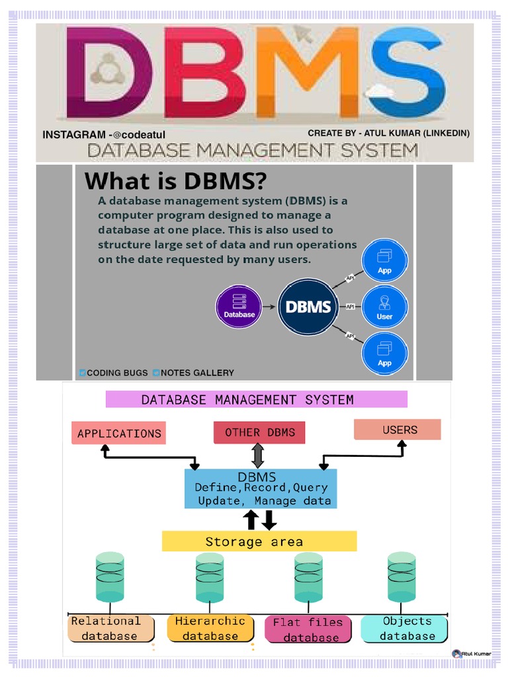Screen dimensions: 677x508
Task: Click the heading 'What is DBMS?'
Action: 175,180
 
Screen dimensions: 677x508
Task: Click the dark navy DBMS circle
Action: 308,307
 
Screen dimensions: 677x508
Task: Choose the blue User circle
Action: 384,307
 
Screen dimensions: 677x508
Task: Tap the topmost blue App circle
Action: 384,262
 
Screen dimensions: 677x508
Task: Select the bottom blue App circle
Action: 384,354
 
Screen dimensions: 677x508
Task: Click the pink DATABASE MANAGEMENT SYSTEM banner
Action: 256,399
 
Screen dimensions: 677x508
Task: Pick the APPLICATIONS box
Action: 119,433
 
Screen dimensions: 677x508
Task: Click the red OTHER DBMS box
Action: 259,432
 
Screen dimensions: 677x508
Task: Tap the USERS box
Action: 398,430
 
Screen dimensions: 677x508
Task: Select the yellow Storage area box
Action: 259,541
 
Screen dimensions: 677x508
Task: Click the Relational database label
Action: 110,628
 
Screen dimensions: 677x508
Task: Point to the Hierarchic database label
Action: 210,628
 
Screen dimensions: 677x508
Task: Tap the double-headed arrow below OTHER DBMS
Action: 258,456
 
